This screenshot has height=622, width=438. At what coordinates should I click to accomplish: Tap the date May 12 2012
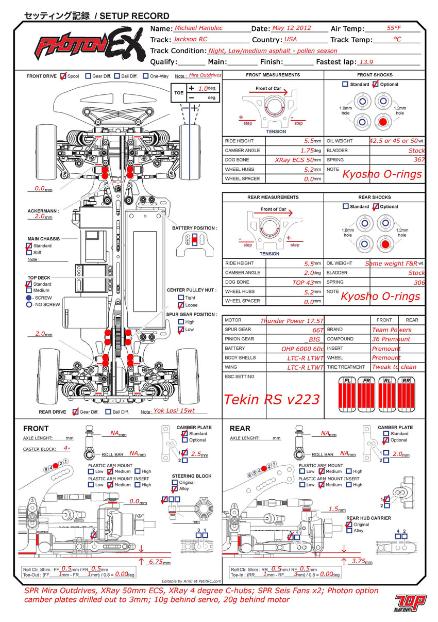pyautogui.click(x=292, y=28)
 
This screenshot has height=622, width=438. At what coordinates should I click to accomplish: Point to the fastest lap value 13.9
pyautogui.click(x=366, y=62)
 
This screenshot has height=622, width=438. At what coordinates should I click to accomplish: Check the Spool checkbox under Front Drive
pyautogui.click(x=63, y=76)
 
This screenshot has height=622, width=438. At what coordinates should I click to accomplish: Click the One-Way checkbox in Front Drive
pyautogui.click(x=145, y=76)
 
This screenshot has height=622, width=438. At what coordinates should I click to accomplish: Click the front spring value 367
pyautogui.click(x=419, y=160)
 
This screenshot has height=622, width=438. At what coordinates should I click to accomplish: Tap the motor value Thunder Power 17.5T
pyautogui.click(x=292, y=321)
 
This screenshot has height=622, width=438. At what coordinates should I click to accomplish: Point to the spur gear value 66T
pyautogui.click(x=317, y=330)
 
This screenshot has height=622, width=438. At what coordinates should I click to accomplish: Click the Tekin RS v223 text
pyautogui.click(x=272, y=399)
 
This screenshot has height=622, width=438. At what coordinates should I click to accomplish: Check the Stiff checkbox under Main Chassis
pyautogui.click(x=29, y=253)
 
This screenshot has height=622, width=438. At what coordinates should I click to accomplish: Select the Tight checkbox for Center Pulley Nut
pyautogui.click(x=181, y=298)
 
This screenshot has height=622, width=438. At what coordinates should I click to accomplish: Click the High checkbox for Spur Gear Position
pyautogui.click(x=181, y=322)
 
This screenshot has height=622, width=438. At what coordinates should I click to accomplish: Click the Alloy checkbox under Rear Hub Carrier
pyautogui.click(x=349, y=531)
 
